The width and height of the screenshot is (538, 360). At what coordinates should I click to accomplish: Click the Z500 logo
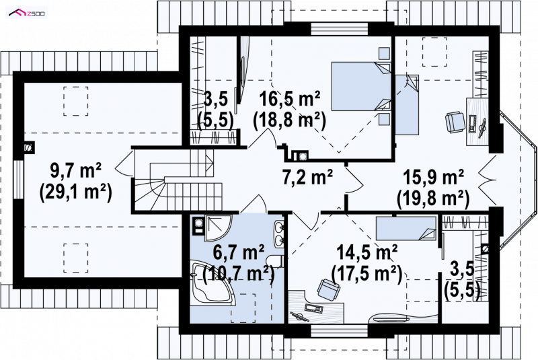pos(27,13)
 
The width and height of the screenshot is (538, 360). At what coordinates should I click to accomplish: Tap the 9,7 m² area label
pos(76,170)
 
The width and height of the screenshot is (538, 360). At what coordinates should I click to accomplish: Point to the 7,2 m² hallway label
pos(307,177)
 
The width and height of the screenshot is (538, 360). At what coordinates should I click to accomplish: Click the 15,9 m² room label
pos(433,178)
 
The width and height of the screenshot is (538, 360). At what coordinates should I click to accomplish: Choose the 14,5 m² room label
pos(367,253)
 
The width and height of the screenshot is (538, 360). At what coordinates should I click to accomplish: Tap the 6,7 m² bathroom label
pos(239,253)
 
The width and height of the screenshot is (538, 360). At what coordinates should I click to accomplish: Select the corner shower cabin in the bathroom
pos(218,228)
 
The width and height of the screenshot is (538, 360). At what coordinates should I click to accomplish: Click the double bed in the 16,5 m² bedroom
pos(361,87)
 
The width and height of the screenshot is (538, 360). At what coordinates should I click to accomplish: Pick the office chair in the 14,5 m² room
pos(328,289)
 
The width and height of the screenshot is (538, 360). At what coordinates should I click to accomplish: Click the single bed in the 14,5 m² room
pos(406,228)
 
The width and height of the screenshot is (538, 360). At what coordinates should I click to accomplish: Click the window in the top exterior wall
pos(340,29)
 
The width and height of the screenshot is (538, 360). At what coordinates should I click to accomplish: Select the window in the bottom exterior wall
pos(340,331)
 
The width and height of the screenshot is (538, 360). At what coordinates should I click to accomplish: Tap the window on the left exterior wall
pos(18,179)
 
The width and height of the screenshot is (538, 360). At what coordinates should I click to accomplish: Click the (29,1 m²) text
pos(76,192)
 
